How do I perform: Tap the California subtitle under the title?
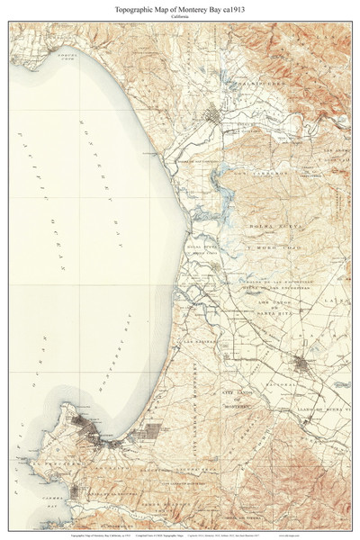(180, 15)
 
